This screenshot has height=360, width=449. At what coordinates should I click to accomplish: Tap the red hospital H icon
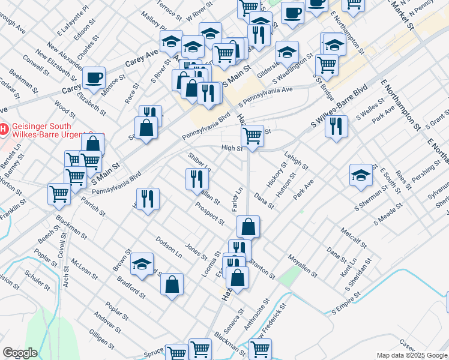[x=3, y=128]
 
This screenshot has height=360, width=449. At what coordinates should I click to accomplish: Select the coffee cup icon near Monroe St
[x=94, y=77]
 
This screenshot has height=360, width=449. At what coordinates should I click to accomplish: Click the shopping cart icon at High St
[x=253, y=135]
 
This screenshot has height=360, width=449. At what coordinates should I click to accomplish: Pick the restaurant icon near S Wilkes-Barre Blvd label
[x=336, y=126]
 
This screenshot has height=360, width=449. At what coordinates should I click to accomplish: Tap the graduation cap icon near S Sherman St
[x=361, y=175]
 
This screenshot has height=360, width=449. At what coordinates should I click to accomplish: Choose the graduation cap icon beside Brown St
[x=142, y=263]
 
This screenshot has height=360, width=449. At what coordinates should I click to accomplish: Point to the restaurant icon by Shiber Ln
[x=196, y=178]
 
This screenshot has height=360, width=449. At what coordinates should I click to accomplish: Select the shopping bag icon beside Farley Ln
[x=248, y=227]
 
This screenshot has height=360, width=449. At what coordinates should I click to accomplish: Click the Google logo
[x=20, y=353]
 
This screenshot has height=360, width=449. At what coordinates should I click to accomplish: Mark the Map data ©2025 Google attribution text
[x=412, y=355]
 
